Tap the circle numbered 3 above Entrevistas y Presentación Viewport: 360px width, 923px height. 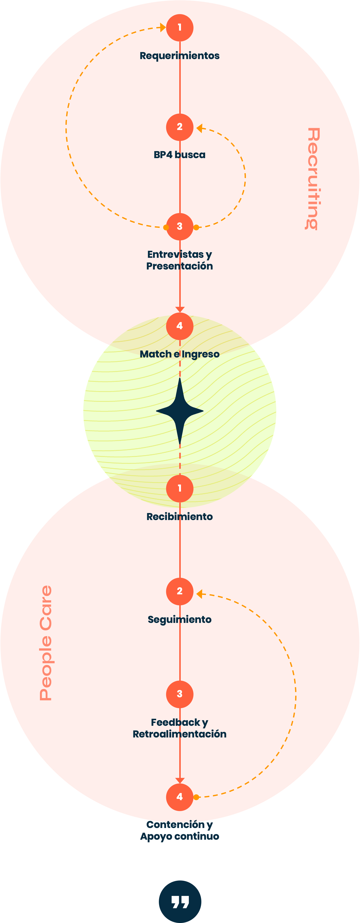point(180,227)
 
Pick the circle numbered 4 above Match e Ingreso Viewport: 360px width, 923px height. point(180,326)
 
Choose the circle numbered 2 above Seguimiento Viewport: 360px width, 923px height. point(180,591)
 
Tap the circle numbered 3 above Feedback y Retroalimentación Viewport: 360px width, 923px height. point(180,694)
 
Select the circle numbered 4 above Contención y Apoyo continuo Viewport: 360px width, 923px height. point(180,797)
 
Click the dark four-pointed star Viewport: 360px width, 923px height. point(180,411)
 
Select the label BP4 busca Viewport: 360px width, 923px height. point(180,155)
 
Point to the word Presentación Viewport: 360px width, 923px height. point(180,266)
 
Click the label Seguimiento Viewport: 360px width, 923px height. point(180,620)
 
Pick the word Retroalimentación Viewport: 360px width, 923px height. point(180,734)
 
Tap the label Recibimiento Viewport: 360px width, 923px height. point(180,517)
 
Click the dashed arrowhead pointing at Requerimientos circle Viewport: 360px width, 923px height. point(163,28)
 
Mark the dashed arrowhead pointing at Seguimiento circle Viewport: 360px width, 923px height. point(199,594)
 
